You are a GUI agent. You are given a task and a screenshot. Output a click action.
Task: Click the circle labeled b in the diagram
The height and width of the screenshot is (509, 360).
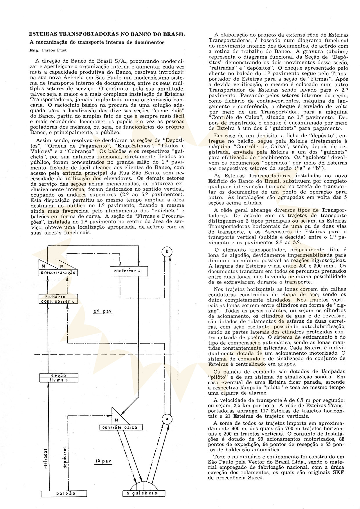pos(167,252)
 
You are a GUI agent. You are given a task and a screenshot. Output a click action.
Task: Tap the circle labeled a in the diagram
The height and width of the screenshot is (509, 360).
pos(167,419)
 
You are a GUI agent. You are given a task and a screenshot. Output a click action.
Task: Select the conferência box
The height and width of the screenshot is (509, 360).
pos(129,271)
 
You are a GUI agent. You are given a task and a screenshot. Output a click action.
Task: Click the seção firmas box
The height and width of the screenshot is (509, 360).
pos(59,378)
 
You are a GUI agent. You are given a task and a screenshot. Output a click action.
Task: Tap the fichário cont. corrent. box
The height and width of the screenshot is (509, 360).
pos(59,299)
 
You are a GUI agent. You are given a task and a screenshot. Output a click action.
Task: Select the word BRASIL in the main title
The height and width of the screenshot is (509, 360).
pos(174,34)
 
